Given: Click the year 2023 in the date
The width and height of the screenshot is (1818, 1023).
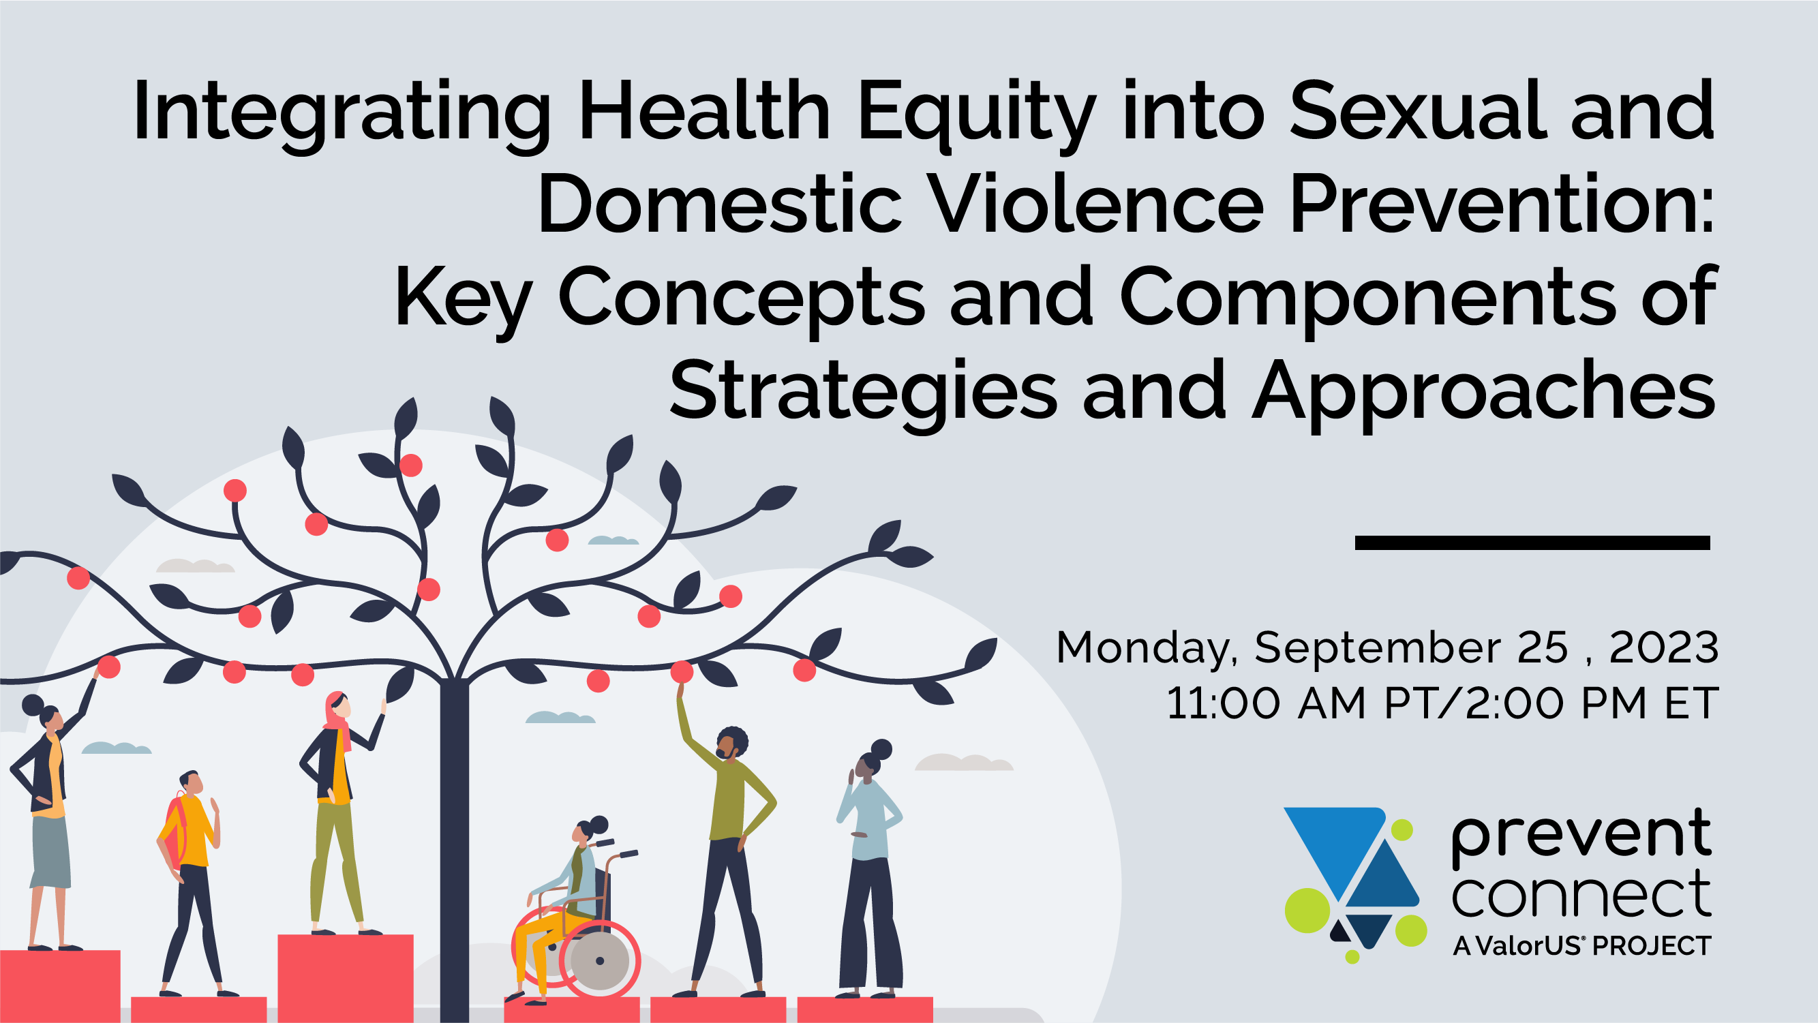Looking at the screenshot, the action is [x=1663, y=647].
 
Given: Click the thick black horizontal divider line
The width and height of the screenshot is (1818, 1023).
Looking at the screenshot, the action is [x=1532, y=543].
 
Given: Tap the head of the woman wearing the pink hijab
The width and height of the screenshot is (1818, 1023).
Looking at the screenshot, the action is [x=337, y=706].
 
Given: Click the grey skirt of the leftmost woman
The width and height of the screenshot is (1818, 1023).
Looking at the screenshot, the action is [x=52, y=852].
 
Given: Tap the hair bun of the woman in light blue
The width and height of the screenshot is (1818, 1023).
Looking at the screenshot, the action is [x=881, y=749].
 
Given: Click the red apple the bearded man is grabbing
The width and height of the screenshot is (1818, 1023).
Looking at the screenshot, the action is [x=682, y=671].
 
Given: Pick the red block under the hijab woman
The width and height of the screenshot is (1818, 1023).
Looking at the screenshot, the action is [x=346, y=978].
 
